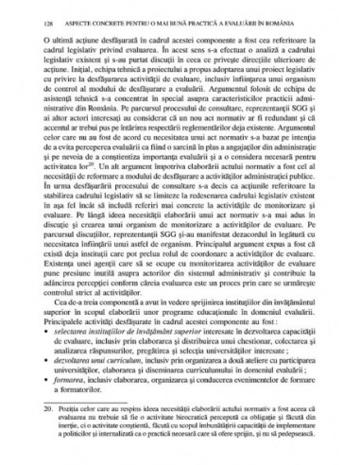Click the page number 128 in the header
pyautogui.click(x=49, y=20)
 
